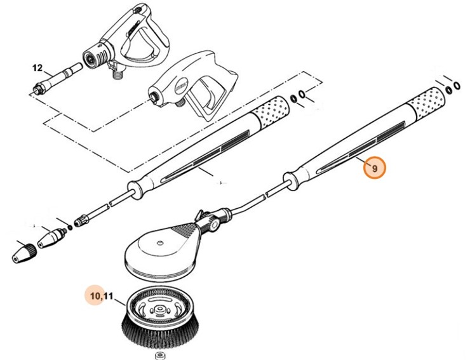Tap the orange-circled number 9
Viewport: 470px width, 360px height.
[375, 168]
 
